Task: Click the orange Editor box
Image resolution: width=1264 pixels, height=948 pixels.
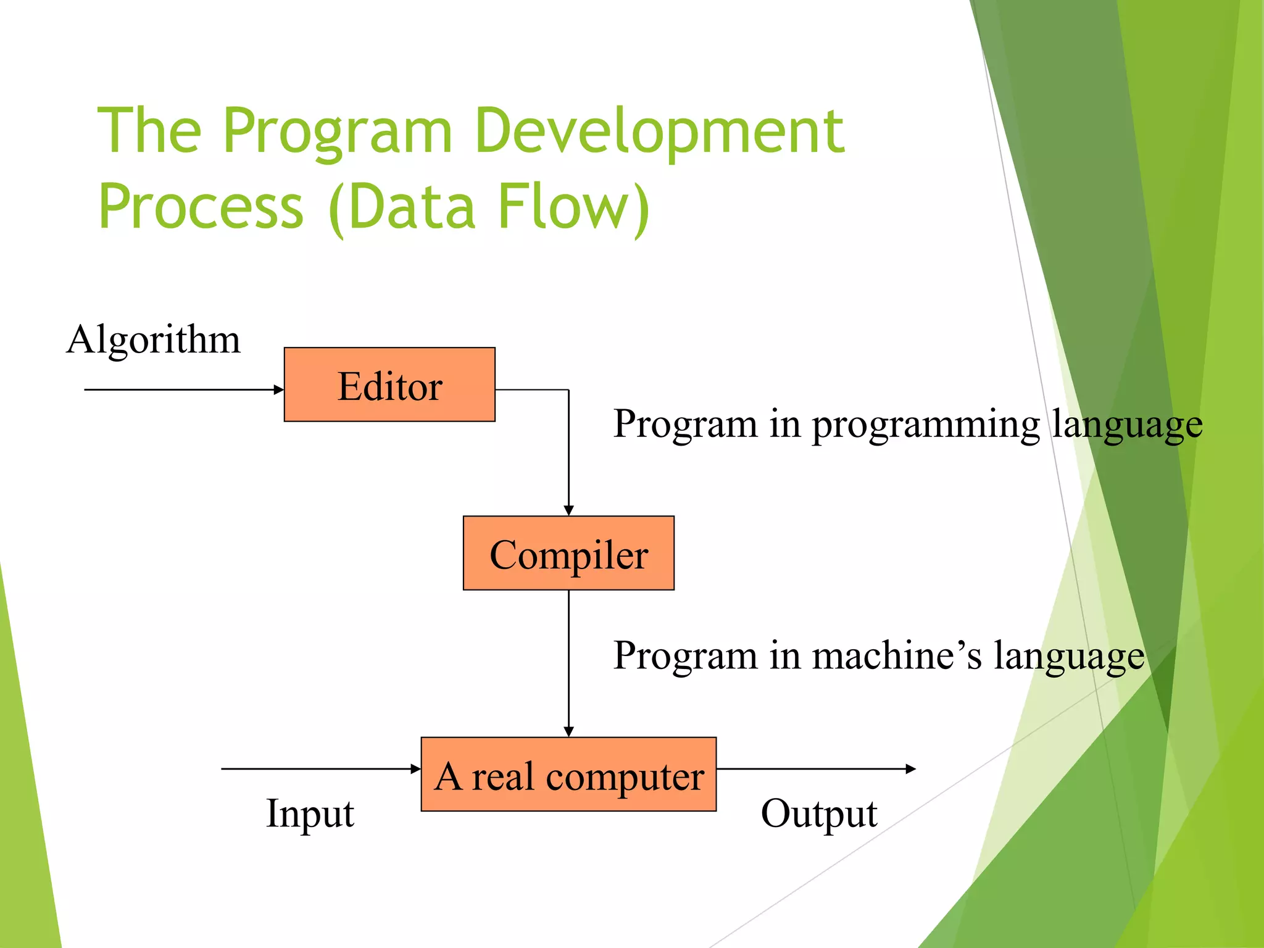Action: click(x=389, y=385)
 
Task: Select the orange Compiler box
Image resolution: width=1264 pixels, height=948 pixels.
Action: click(x=568, y=553)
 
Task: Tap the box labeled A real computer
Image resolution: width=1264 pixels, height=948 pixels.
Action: click(x=568, y=774)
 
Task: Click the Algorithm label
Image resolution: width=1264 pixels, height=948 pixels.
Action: click(x=153, y=339)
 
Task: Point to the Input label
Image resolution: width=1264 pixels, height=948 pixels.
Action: click(x=310, y=813)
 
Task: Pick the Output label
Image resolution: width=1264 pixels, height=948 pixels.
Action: click(x=818, y=813)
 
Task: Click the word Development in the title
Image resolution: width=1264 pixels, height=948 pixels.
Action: click(x=659, y=131)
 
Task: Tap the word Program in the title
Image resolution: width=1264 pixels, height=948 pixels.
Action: click(x=338, y=131)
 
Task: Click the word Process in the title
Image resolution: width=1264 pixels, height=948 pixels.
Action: click(x=201, y=207)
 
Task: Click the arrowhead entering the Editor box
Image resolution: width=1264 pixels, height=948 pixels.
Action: click(x=279, y=389)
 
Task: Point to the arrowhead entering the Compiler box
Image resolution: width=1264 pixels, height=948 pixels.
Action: click(x=568, y=510)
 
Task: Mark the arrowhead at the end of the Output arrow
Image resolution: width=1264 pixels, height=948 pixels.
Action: click(x=910, y=769)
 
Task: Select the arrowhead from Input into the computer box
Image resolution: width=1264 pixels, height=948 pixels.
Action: click(x=416, y=769)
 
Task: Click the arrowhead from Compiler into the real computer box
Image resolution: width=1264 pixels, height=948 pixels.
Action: click(x=568, y=731)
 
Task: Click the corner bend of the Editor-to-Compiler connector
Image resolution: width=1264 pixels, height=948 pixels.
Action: click(x=568, y=390)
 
